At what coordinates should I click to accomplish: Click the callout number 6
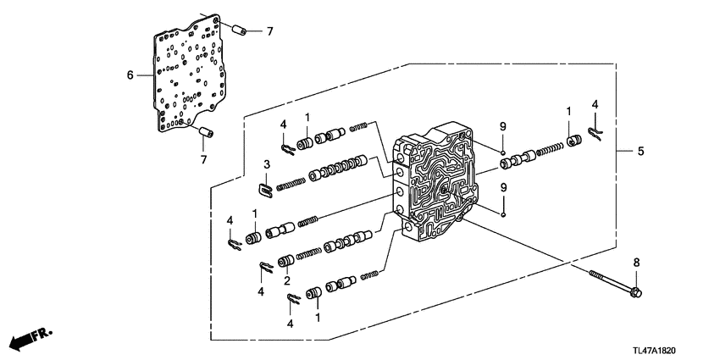[x=130, y=75]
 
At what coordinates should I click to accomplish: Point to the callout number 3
[x=266, y=163]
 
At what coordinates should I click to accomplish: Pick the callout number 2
[x=287, y=280]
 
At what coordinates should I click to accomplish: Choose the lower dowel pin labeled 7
[x=206, y=131]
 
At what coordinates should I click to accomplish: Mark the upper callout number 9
[x=503, y=125]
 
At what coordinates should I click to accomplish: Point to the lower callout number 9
[x=503, y=186]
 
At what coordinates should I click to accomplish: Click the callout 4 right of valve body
[x=595, y=104]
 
